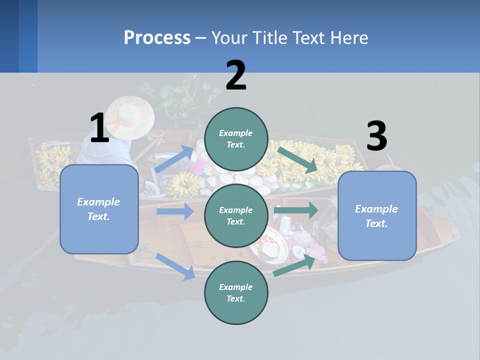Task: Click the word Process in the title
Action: pyautogui.click(x=157, y=37)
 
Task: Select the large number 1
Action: pyautogui.click(x=99, y=128)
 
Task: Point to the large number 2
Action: pyautogui.click(x=236, y=75)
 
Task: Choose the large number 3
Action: pyautogui.click(x=376, y=136)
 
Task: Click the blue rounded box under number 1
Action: pyautogui.click(x=99, y=209)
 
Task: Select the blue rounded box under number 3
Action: pyautogui.click(x=376, y=215)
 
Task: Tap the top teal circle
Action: pyautogui.click(x=236, y=139)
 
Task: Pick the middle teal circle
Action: pyautogui.click(x=236, y=215)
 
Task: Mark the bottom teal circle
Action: pyautogui.click(x=236, y=292)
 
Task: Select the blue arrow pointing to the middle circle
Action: pyautogui.click(x=175, y=211)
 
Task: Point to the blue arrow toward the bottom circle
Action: pyautogui.click(x=175, y=266)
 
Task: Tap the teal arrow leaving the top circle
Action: pyautogui.click(x=297, y=160)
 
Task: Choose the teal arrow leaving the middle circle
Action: pyautogui.click(x=295, y=210)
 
